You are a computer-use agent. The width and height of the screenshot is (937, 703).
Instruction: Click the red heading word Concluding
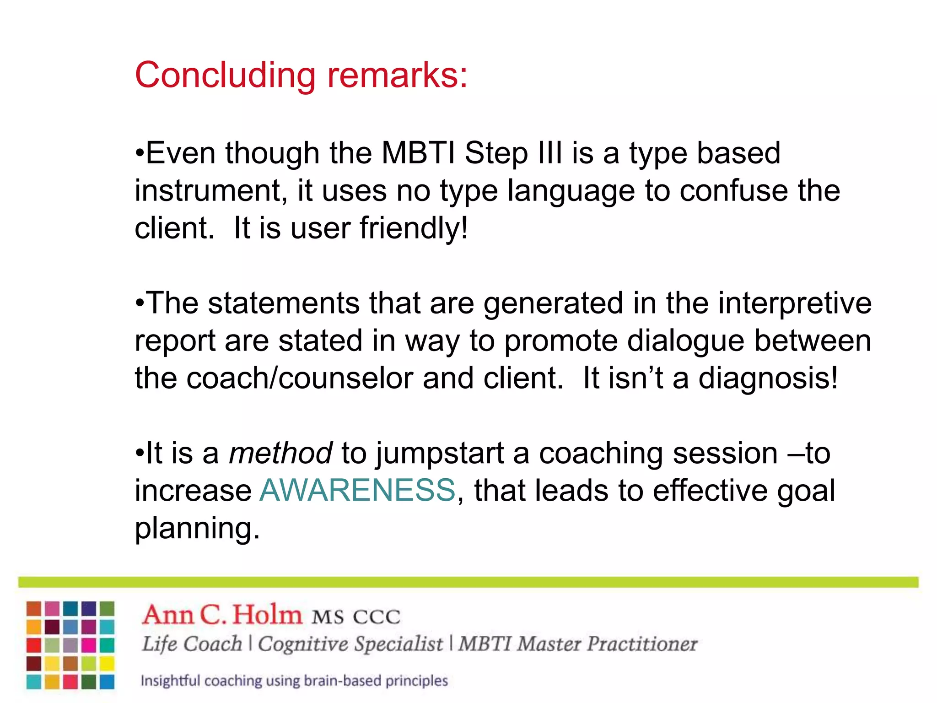pos(225,76)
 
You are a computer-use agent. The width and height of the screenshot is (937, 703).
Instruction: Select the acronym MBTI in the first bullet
pos(418,153)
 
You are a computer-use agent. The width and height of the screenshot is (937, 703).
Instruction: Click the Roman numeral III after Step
pos(549,153)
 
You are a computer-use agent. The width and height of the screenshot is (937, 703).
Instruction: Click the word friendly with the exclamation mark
pos(414,228)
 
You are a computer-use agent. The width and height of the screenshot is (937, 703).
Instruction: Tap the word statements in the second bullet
pos(284,303)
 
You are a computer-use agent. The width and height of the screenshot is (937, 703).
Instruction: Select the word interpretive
pos(795,303)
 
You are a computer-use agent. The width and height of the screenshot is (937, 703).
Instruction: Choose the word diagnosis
pos(768,379)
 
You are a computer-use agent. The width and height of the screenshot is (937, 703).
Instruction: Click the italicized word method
pos(280,454)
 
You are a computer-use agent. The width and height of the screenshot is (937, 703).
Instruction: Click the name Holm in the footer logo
pos(267,615)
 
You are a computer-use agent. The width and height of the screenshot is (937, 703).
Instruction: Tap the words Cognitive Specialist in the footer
pos(350,644)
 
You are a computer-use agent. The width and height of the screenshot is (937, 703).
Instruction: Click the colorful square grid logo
pos(70,645)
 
